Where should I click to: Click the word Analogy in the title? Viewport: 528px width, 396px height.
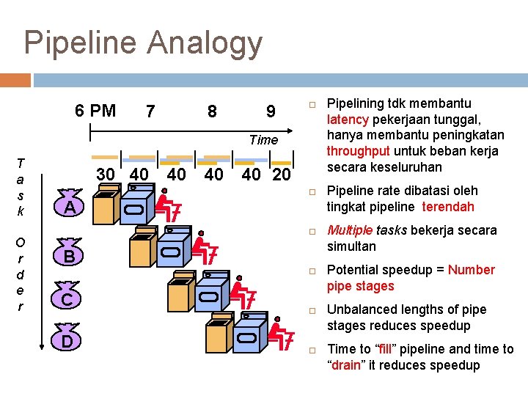[205, 43]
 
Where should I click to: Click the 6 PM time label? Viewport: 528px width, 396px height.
[95, 111]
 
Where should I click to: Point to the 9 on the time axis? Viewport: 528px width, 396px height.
[271, 111]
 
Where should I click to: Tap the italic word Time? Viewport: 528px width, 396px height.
[263, 139]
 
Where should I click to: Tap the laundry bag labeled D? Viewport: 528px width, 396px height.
[67, 340]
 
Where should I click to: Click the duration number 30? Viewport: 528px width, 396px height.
[106, 174]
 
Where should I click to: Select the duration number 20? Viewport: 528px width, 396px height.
[281, 175]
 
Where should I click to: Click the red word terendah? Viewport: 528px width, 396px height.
[448, 207]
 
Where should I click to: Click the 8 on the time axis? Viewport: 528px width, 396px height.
[212, 111]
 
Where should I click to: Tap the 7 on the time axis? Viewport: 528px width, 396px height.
[150, 111]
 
